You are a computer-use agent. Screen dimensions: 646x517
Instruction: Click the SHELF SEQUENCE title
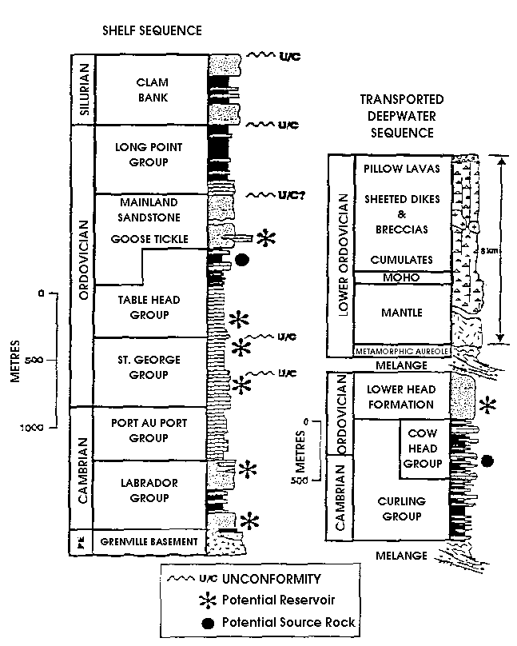pos(151,30)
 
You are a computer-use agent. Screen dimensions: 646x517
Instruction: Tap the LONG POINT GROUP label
pos(149,155)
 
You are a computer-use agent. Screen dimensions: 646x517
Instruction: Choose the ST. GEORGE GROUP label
pos(149,367)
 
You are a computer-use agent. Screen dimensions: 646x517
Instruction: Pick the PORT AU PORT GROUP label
pos(149,431)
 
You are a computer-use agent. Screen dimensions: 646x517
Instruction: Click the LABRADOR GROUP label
pos(149,490)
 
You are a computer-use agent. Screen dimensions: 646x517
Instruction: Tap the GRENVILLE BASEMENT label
pos(149,542)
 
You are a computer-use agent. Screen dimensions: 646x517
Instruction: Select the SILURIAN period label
pos(82,90)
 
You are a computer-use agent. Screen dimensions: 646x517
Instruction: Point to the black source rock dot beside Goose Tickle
pos(241,259)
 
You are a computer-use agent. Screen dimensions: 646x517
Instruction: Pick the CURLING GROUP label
pos(401,508)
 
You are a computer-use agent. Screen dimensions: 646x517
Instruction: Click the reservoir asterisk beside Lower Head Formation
pos(489,405)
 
